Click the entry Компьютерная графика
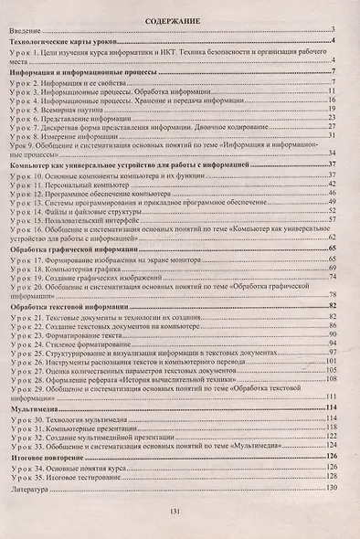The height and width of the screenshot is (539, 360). [86, 269]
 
